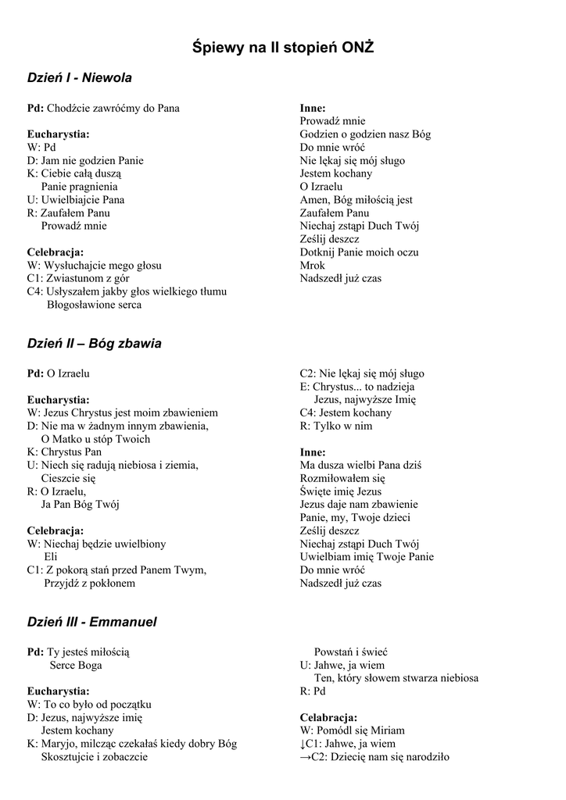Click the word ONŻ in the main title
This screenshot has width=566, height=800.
[x=357, y=48]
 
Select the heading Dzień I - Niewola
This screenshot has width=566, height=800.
[x=80, y=77]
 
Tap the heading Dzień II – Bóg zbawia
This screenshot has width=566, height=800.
[x=95, y=343]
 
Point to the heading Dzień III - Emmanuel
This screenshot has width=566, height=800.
[x=92, y=622]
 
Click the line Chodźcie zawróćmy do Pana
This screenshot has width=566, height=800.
[x=113, y=108]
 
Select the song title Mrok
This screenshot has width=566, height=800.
[x=312, y=265]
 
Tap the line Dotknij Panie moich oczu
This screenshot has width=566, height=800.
[x=359, y=252]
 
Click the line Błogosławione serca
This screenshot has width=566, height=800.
[x=94, y=305]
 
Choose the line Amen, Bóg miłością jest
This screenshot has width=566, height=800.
[x=356, y=199]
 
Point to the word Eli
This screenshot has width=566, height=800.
[x=51, y=556]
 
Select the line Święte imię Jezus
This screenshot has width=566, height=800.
[x=341, y=491]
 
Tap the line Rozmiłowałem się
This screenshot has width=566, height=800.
[x=342, y=478]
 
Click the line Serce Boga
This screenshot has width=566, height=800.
[x=76, y=665]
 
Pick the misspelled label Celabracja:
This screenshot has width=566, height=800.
[x=328, y=717]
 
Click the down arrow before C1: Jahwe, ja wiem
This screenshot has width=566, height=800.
[x=303, y=744]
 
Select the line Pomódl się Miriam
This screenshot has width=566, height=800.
[x=359, y=730]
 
